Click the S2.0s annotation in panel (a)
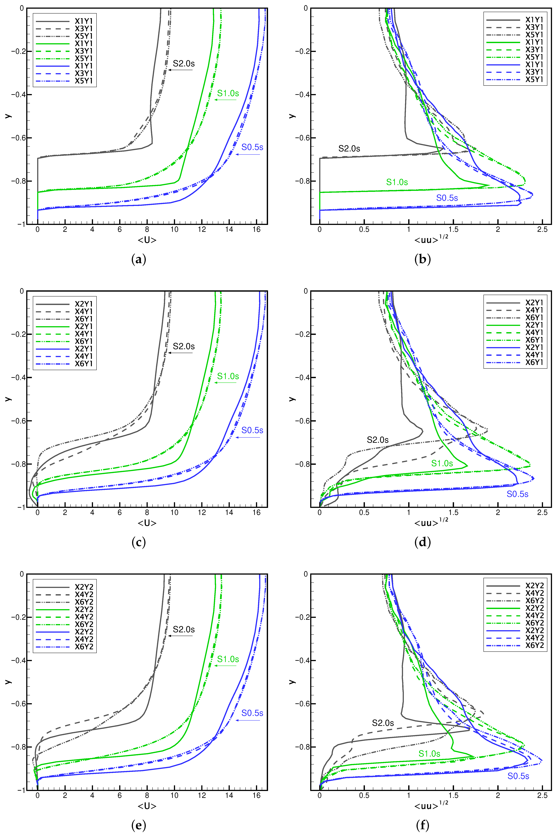pos(184,64)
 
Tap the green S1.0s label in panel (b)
pos(397,182)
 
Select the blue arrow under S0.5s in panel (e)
pos(248,720)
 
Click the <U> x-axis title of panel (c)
pos(147,523)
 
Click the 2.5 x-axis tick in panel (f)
pos(542,795)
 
